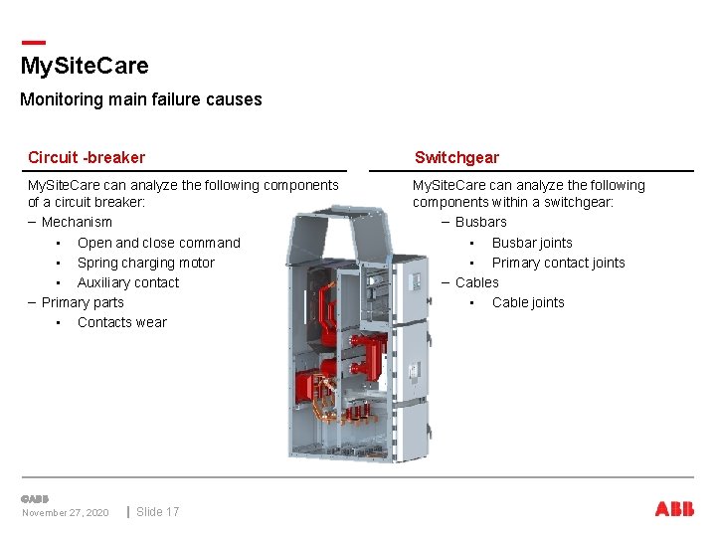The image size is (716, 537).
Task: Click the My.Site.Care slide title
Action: coord(85,67)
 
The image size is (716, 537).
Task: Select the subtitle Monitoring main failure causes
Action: coord(140,99)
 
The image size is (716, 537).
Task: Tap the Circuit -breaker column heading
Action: coord(87,157)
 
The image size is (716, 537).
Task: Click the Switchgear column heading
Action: coord(456,157)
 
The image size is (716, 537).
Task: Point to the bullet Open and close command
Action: coord(158,243)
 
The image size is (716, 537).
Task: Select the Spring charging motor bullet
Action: coord(145,263)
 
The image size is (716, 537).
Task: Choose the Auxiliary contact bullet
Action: coord(128,282)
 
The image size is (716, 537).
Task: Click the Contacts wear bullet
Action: coord(121,322)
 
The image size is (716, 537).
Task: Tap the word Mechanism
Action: coord(77,222)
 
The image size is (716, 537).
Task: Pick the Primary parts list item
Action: coord(83,302)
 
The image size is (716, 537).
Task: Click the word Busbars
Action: coord(480,222)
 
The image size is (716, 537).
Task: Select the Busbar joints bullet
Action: coord(532,243)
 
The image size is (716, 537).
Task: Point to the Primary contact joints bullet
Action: coord(558,263)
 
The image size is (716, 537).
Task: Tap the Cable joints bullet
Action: coord(528,302)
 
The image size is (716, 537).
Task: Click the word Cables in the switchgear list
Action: coord(476,282)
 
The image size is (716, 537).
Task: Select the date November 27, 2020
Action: coord(66,513)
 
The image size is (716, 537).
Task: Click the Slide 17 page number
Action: coord(157,512)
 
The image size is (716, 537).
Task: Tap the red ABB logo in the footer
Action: coord(674,509)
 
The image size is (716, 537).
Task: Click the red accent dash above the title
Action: coord(33,42)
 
